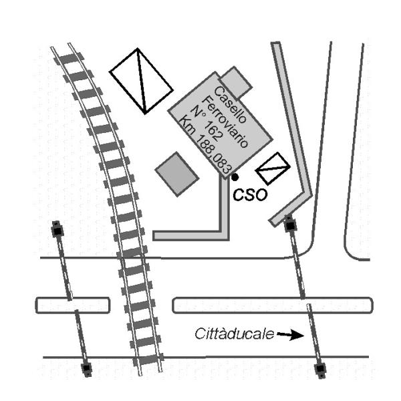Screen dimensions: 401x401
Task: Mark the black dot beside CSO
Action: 235,177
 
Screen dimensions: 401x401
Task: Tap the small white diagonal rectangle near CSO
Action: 271,170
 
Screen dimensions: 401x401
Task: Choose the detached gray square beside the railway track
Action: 177,174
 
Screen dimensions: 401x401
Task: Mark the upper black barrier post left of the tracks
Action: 57,231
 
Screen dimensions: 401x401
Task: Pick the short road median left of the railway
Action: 72,305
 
